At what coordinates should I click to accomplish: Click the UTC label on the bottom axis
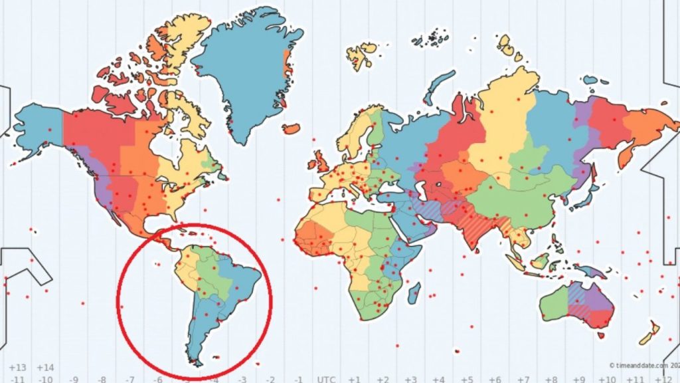point(326,379)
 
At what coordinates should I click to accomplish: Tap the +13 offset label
point(18,367)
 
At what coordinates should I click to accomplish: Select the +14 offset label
point(45,367)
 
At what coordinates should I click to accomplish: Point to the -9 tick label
point(73,379)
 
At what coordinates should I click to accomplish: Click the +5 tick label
point(467,379)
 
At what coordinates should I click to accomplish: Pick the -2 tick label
point(270,379)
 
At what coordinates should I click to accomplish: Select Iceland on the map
point(291,128)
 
